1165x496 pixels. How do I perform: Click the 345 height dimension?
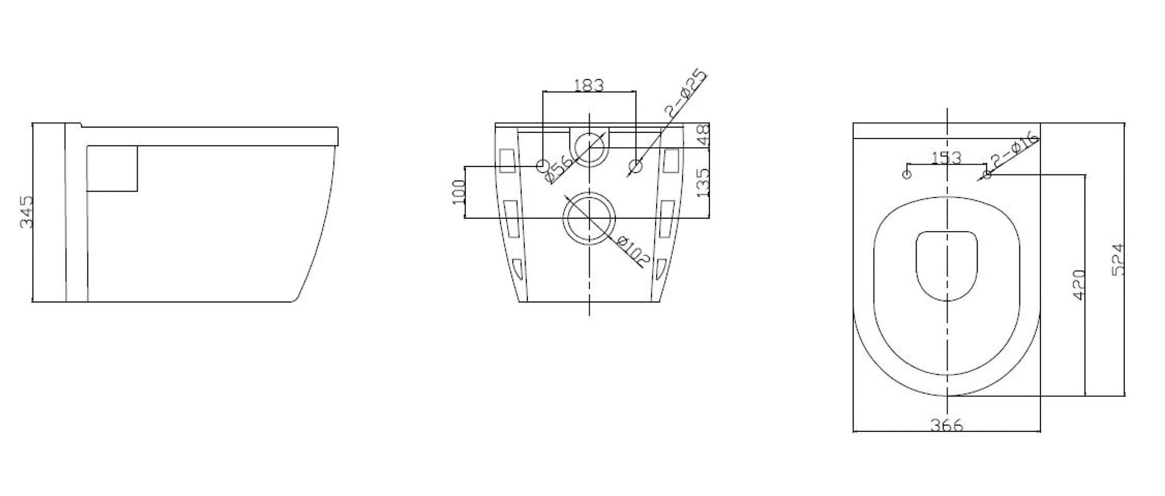26,212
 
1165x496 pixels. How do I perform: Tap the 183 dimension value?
589,85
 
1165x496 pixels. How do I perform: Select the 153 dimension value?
946,158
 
